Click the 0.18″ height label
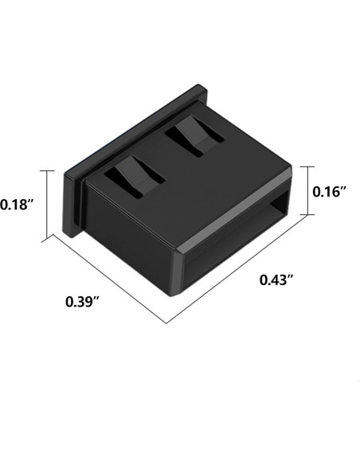tap(17, 205)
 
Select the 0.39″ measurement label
tap(82, 302)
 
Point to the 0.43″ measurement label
tap(277, 279)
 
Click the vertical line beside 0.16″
tap(311, 192)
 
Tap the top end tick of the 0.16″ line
tap(311, 168)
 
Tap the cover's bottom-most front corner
tap(176, 295)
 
